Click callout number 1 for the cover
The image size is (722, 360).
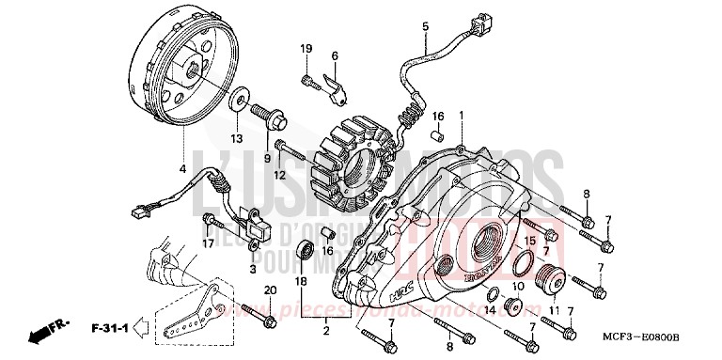click(x=462, y=115)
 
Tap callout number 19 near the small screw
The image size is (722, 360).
click(x=306, y=49)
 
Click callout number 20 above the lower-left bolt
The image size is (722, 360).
click(x=269, y=290)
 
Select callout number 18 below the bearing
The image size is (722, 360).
click(x=300, y=281)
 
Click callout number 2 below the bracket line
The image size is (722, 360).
click(x=326, y=332)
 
